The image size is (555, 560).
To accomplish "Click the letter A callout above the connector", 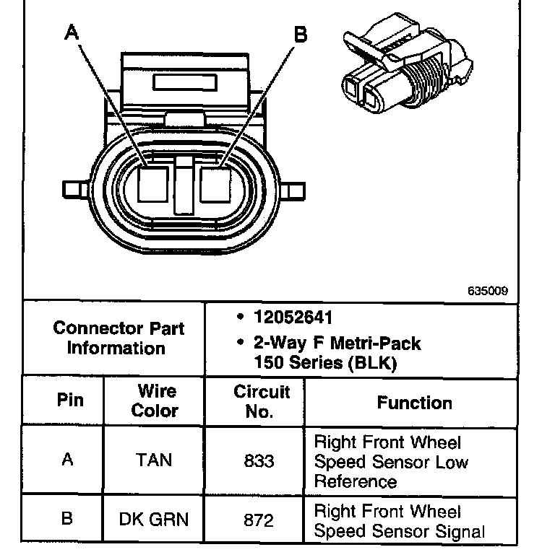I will [x=71, y=32].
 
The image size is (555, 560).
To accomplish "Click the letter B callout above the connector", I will [x=301, y=34].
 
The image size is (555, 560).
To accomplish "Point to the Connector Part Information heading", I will [x=118, y=338].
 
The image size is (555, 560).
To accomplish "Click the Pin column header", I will [x=69, y=401].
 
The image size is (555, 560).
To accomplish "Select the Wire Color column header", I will [x=156, y=401].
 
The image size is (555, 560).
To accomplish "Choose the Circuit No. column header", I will [x=261, y=401].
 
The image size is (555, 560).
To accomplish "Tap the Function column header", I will [x=414, y=403].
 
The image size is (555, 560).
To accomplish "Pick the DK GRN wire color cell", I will [x=154, y=519].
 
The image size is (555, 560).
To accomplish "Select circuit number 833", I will [x=259, y=460].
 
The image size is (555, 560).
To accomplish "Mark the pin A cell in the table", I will [x=68, y=460].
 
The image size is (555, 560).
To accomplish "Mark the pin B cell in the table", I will [x=68, y=519].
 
